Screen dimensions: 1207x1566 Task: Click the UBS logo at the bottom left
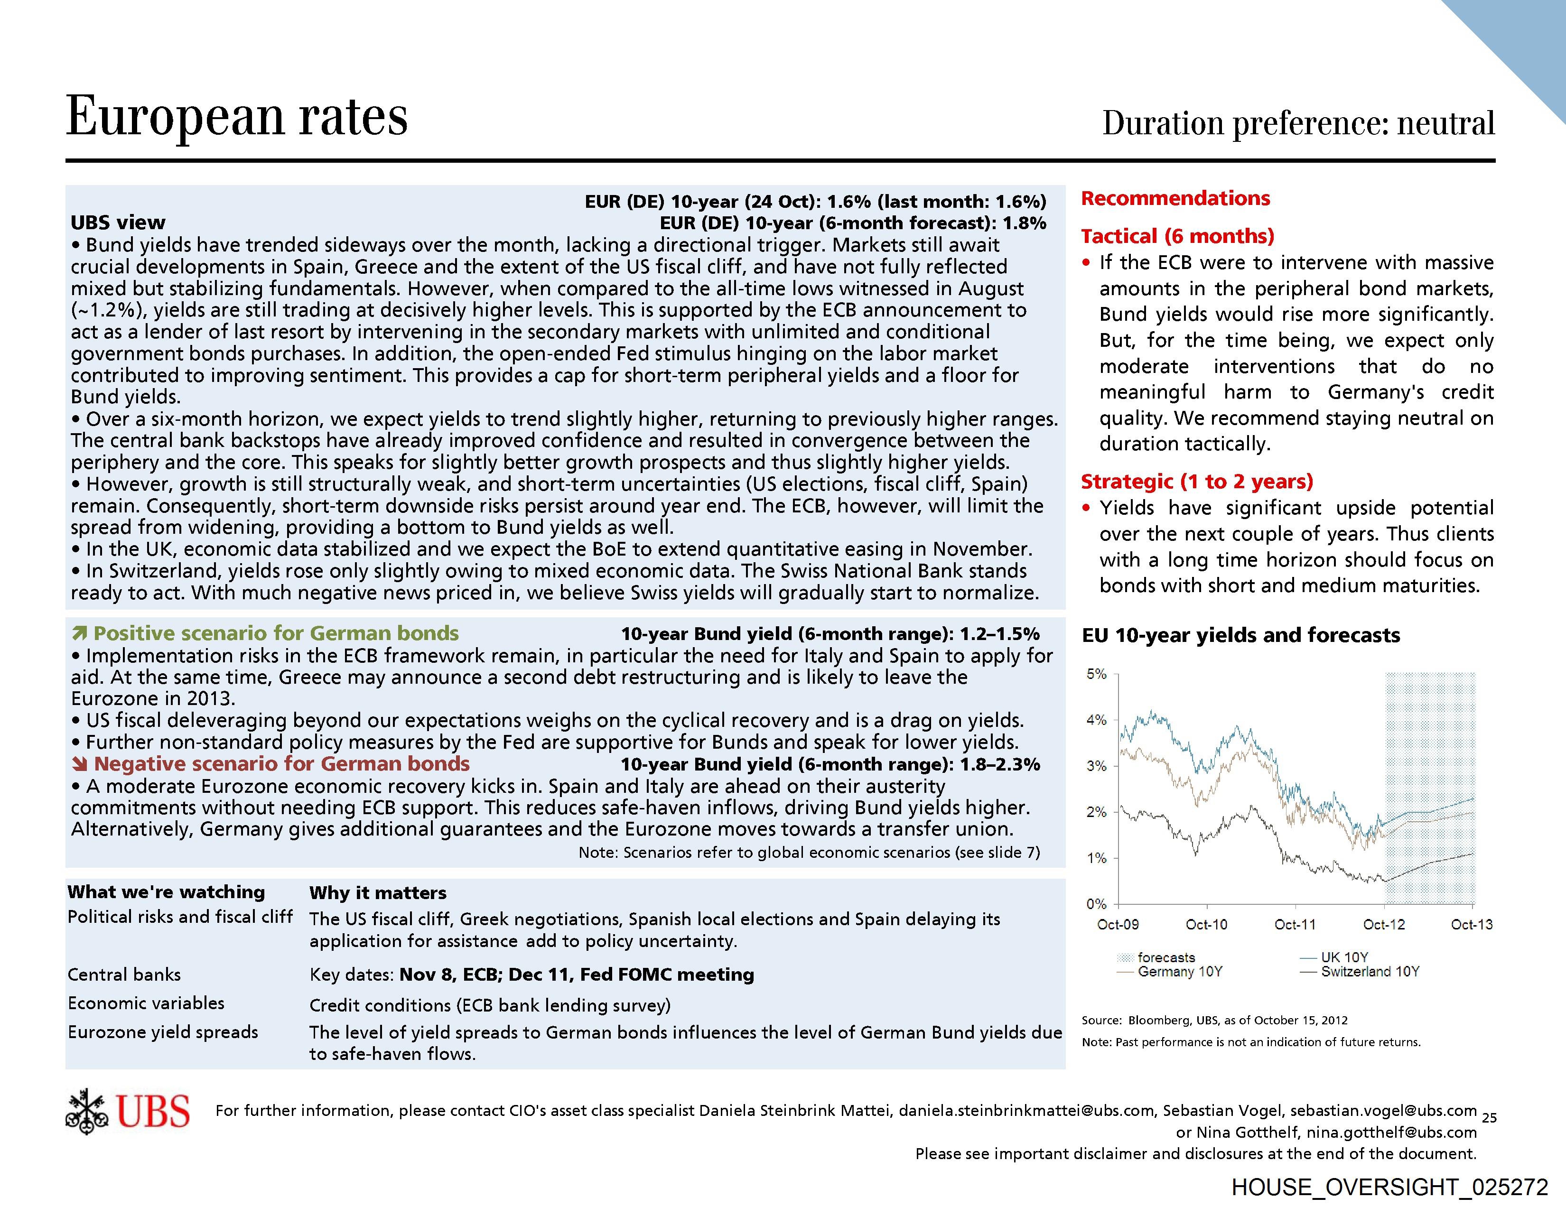(128, 1112)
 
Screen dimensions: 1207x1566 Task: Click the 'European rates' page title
(237, 116)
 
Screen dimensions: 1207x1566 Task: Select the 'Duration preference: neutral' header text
(1298, 123)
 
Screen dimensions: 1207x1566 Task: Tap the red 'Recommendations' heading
(1175, 198)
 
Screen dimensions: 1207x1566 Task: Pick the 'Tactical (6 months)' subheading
(1177, 237)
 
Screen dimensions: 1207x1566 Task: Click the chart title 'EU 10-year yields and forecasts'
(1240, 635)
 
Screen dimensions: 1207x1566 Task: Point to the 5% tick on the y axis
(1096, 675)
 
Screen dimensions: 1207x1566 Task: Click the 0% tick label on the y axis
(1096, 904)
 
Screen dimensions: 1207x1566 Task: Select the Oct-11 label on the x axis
(1295, 925)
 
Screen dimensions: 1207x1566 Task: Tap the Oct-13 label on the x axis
(1472, 925)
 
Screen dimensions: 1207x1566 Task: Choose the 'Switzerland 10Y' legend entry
(1370, 972)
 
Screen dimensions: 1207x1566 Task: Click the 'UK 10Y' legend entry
(1344, 957)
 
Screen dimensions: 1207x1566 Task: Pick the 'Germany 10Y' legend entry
(1180, 972)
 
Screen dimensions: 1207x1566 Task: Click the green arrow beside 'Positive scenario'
(80, 633)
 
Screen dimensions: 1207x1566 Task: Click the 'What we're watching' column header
(167, 892)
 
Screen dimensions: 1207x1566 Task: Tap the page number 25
(1489, 1117)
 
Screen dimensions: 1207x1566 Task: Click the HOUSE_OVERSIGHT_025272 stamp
(1389, 1187)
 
